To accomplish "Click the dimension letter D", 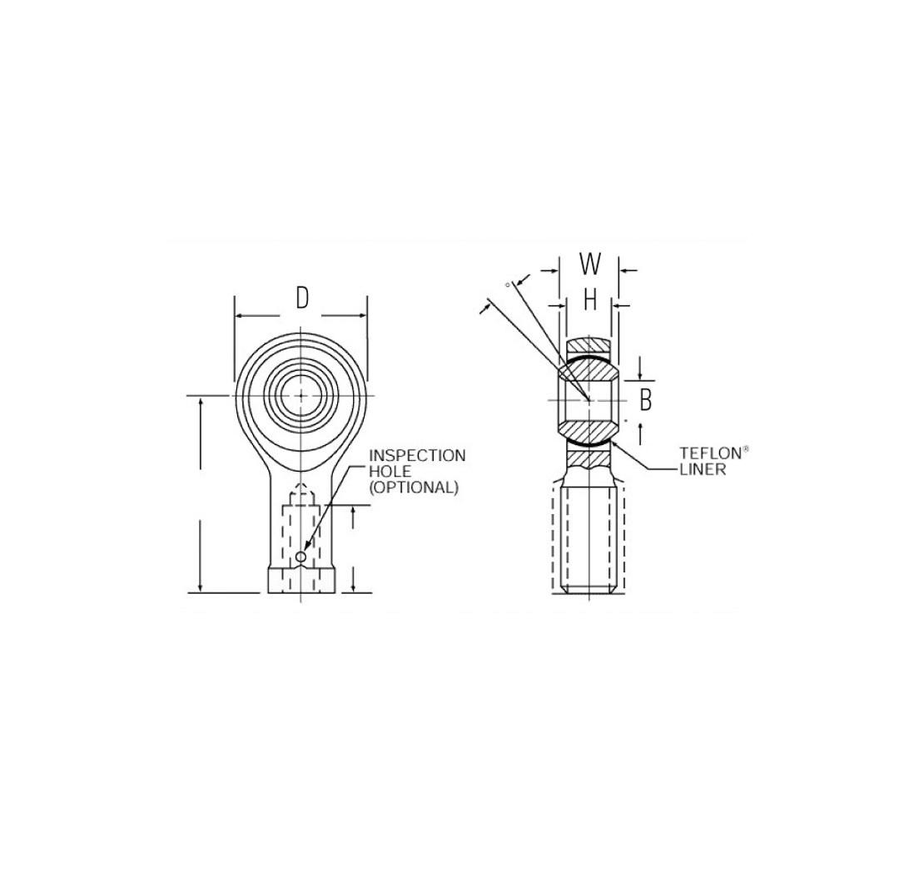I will pos(302,297).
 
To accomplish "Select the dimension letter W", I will pos(590,264).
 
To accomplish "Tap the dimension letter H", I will pos(590,299).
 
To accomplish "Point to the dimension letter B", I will pos(645,401).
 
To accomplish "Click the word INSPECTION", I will pos(417,456).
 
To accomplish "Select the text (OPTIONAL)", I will pos(414,487).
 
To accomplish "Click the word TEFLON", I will pos(709,454).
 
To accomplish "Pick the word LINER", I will pos(703,470).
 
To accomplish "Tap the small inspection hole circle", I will pos(301,556).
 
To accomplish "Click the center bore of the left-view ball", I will pos(301,395).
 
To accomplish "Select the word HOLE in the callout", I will pos(390,472).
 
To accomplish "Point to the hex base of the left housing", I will pos(302,580).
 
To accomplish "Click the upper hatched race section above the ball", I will pos(589,344).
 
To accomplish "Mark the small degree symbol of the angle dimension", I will pos(507,285).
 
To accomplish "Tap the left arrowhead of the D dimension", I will pos(240,316).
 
